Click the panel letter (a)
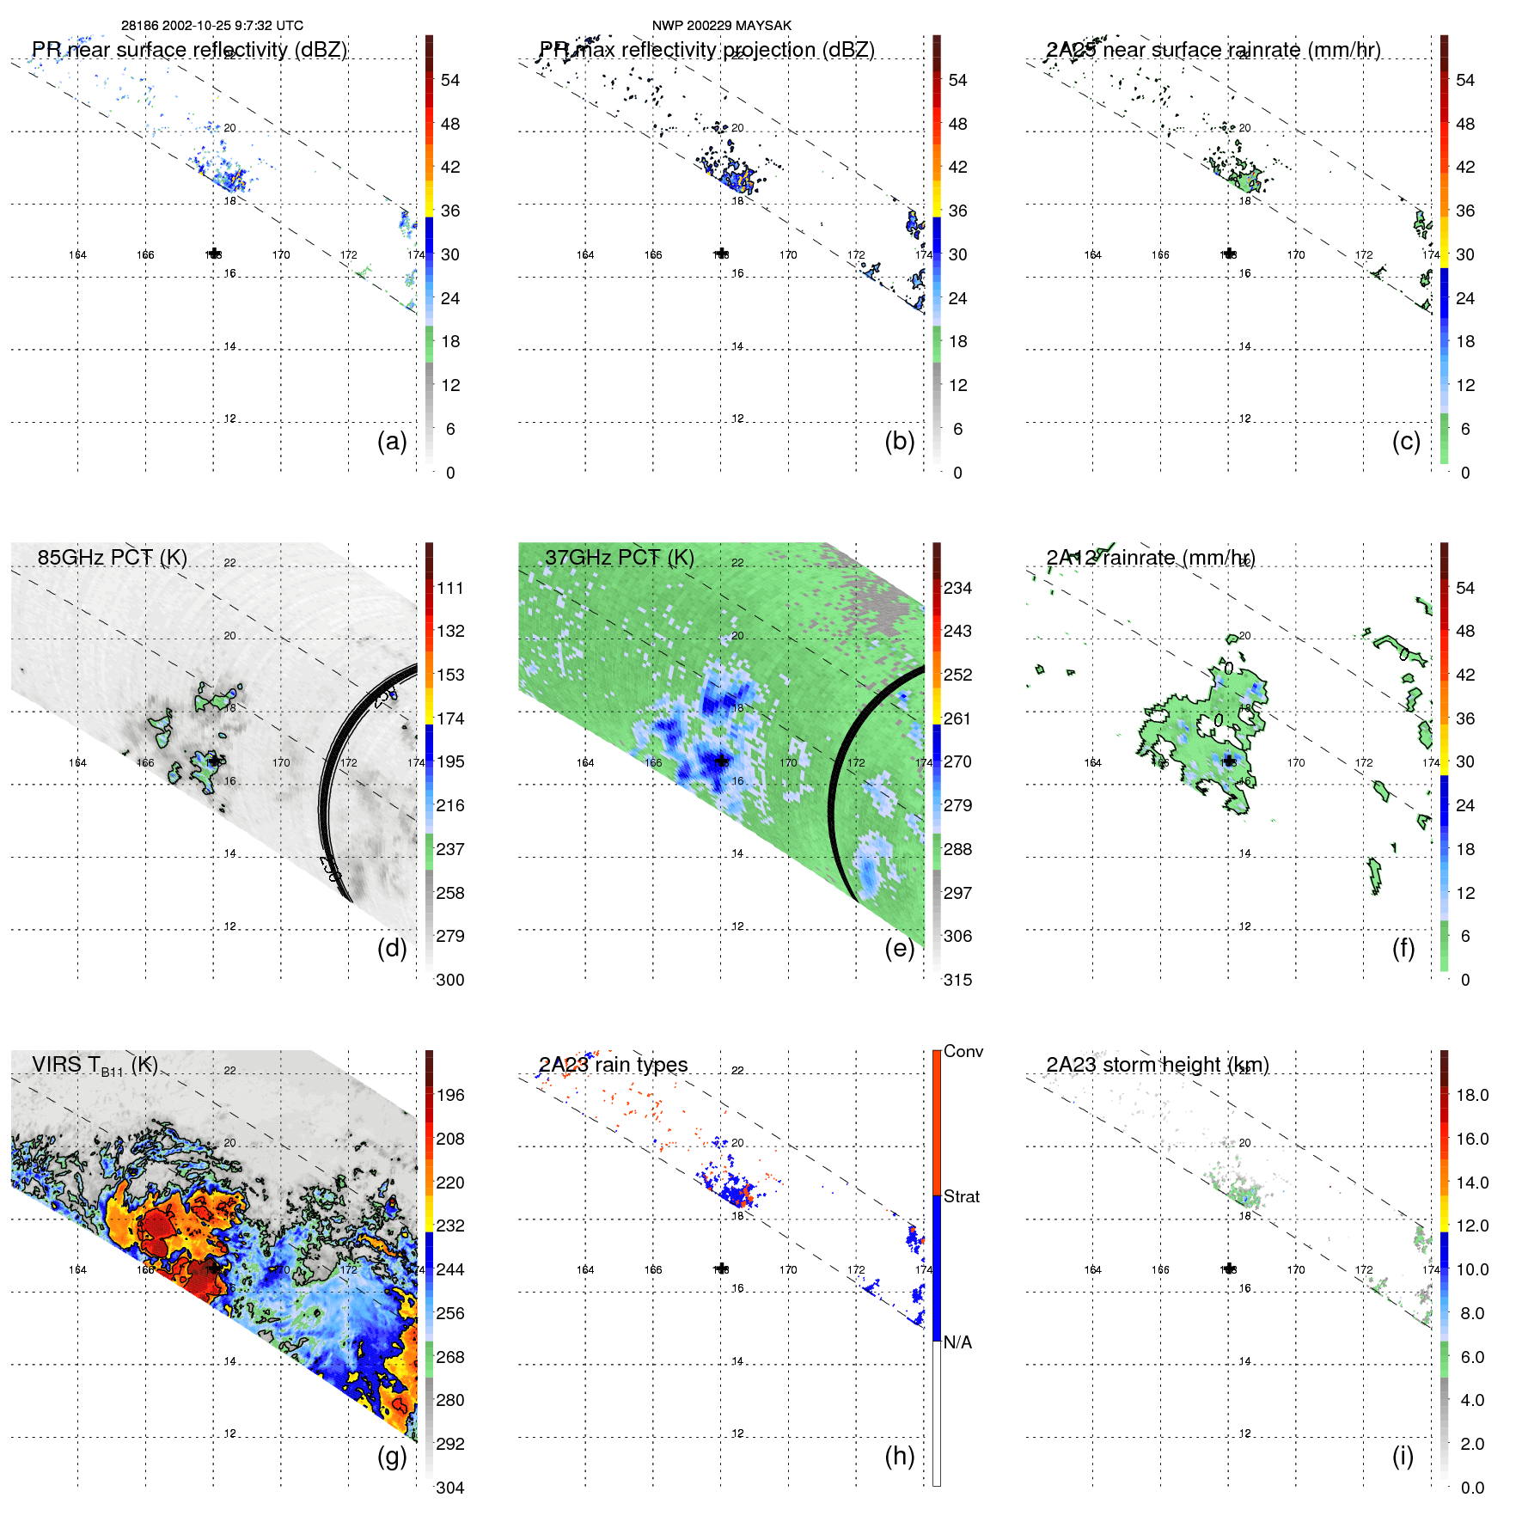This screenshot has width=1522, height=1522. point(392,442)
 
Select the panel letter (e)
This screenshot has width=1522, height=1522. point(899,949)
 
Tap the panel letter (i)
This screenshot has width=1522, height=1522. point(1403,1456)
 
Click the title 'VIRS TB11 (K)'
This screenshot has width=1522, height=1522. point(95,1066)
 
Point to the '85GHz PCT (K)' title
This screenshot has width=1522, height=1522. point(113,558)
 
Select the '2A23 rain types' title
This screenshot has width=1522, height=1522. point(613,1065)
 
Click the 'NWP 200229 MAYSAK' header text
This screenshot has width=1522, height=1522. point(721,26)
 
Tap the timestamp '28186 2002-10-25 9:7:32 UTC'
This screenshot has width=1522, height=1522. point(211,26)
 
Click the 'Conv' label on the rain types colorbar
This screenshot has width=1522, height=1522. point(963,1051)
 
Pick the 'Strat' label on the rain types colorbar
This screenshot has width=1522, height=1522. point(961,1196)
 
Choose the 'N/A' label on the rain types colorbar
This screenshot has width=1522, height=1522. point(957,1342)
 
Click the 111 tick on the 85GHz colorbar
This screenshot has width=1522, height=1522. point(450,588)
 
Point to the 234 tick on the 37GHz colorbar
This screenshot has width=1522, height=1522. point(957,588)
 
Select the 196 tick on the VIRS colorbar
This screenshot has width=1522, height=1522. point(450,1095)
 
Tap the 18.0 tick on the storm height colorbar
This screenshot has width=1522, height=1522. point(1471,1095)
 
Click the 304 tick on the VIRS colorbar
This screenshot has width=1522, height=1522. point(450,1488)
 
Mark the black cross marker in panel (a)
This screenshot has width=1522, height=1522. point(214,254)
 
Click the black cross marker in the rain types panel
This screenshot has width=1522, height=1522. point(722,1268)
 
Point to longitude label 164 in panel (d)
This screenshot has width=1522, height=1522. point(77,762)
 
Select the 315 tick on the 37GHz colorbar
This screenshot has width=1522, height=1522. point(957,980)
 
